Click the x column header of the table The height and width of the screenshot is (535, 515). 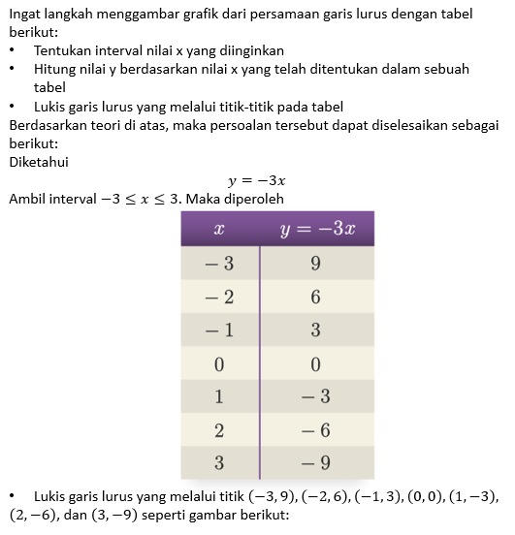220,230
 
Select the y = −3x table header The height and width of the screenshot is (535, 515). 317,230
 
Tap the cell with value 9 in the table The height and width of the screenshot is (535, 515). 316,264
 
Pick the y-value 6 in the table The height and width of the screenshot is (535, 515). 316,298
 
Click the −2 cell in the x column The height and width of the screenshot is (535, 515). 219,298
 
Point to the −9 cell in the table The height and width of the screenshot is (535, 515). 316,461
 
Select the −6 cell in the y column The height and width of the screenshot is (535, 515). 316,428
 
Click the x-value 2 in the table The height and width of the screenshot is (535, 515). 219,428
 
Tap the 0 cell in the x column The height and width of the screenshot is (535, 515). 219,363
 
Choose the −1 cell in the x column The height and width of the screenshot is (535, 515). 219,330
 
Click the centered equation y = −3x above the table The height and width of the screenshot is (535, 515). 256,180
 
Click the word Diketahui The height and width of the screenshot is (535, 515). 38,162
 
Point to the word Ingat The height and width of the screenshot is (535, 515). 25,13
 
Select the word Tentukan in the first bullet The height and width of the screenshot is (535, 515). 63,48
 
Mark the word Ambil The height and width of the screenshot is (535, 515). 27,199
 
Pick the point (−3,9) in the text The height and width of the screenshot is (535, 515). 274,497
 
